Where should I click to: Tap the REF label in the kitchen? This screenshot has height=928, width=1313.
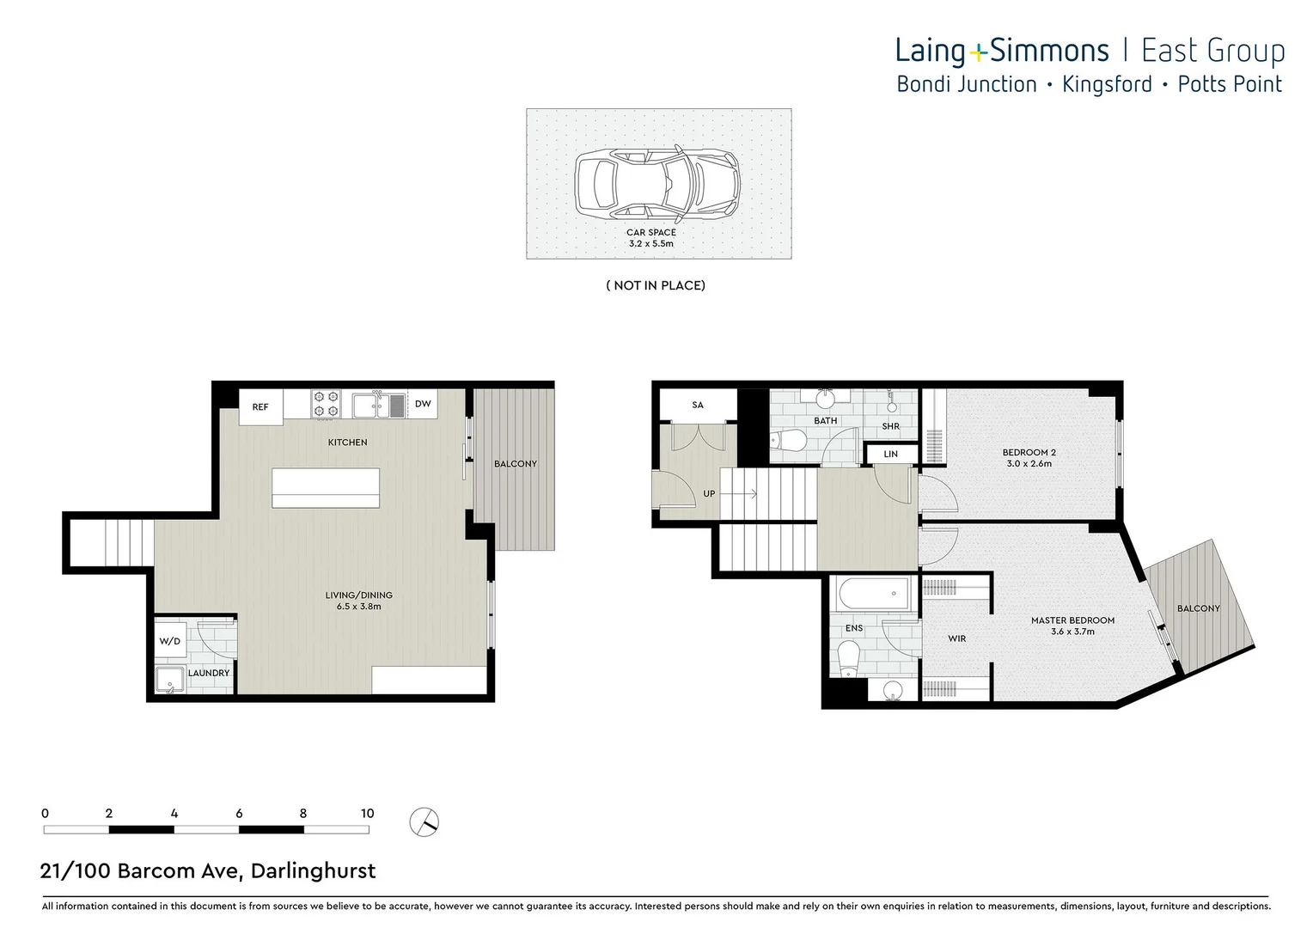pyautogui.click(x=260, y=407)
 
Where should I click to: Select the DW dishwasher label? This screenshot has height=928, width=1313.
pyautogui.click(x=423, y=404)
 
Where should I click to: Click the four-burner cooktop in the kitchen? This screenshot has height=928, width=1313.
pyautogui.click(x=326, y=404)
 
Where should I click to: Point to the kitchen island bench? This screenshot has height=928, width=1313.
pyautogui.click(x=326, y=488)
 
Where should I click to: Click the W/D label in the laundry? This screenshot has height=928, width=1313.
pyautogui.click(x=170, y=641)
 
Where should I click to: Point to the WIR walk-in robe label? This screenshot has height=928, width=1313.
pyautogui.click(x=956, y=638)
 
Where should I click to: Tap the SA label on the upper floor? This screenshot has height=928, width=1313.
pyautogui.click(x=698, y=405)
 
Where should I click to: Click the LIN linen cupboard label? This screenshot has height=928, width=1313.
pyautogui.click(x=890, y=454)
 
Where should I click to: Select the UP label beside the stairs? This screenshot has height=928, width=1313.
pyautogui.click(x=709, y=494)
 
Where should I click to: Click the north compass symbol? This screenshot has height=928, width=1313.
pyautogui.click(x=424, y=822)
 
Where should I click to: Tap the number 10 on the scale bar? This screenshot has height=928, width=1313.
pyautogui.click(x=367, y=813)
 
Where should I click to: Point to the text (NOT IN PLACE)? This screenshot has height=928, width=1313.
pyautogui.click(x=656, y=285)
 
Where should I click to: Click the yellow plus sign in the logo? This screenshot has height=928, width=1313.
pyautogui.click(x=978, y=54)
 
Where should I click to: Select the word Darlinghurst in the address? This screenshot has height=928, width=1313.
pyautogui.click(x=313, y=870)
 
